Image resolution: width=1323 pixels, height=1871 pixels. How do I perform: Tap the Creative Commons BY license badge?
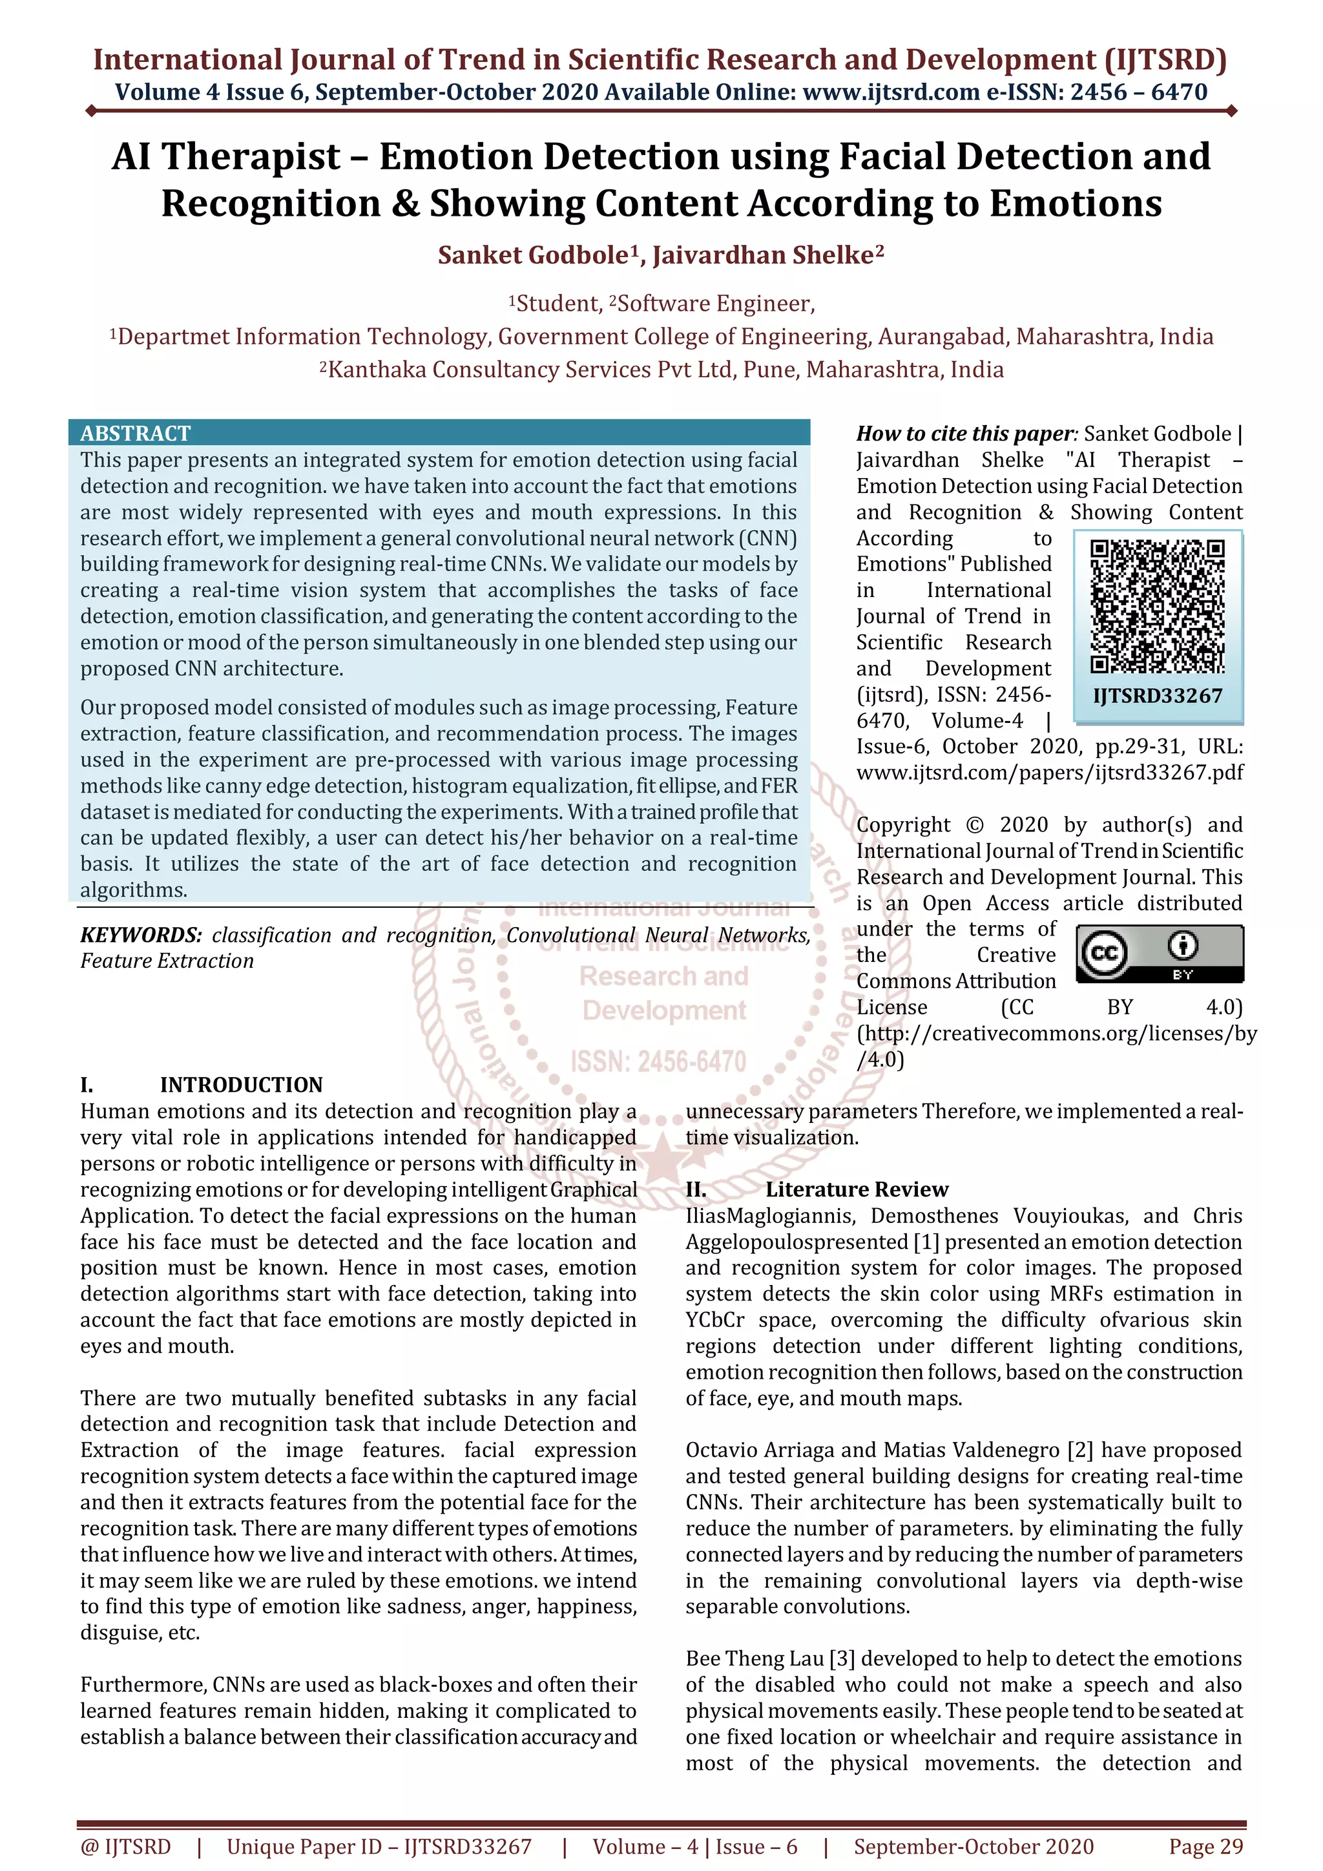[1160, 954]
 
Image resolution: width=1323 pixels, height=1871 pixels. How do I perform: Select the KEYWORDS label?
[141, 935]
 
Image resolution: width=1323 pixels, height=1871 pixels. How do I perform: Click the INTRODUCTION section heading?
[241, 1085]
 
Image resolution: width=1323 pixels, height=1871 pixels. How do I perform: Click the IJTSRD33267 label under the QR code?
[1158, 696]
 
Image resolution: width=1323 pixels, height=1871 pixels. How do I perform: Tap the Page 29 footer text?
[1205, 1846]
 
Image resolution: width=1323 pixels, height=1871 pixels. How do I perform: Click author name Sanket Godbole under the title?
[534, 255]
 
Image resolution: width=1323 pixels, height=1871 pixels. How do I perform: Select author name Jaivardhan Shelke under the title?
[764, 255]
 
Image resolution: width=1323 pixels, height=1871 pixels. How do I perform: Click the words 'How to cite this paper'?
[964, 434]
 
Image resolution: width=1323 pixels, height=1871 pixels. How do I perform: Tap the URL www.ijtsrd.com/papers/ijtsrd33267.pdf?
[1049, 773]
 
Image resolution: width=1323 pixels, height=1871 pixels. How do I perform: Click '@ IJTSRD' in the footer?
[125, 1846]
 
